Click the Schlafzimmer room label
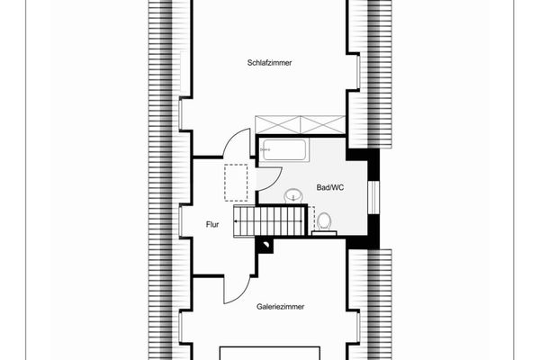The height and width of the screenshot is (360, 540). (x=270, y=62)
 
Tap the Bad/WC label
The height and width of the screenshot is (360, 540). (x=330, y=188)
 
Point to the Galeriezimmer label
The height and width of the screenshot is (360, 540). (x=280, y=306)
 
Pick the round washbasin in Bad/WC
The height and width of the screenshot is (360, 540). (x=293, y=195)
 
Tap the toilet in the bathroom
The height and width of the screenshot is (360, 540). (x=325, y=220)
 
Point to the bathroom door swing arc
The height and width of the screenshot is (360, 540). (x=269, y=179)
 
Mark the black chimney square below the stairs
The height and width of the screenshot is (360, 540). (x=265, y=243)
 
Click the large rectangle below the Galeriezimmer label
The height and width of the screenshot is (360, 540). (x=271, y=352)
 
